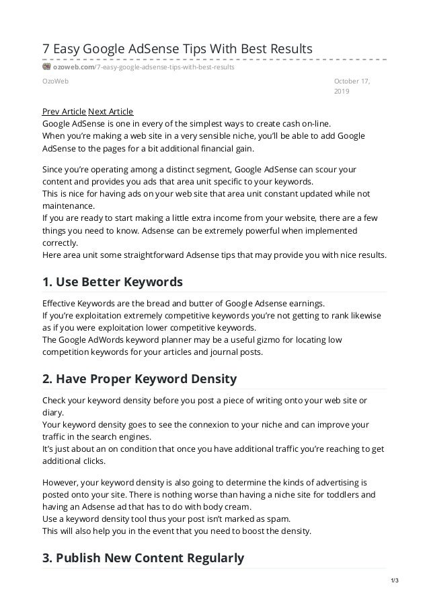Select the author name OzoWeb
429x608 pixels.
coord(55,81)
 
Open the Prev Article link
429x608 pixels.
coord(64,112)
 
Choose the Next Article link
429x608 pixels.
coord(111,112)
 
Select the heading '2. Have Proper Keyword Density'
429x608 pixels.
coord(139,378)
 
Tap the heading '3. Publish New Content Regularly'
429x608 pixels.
coord(143,558)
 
